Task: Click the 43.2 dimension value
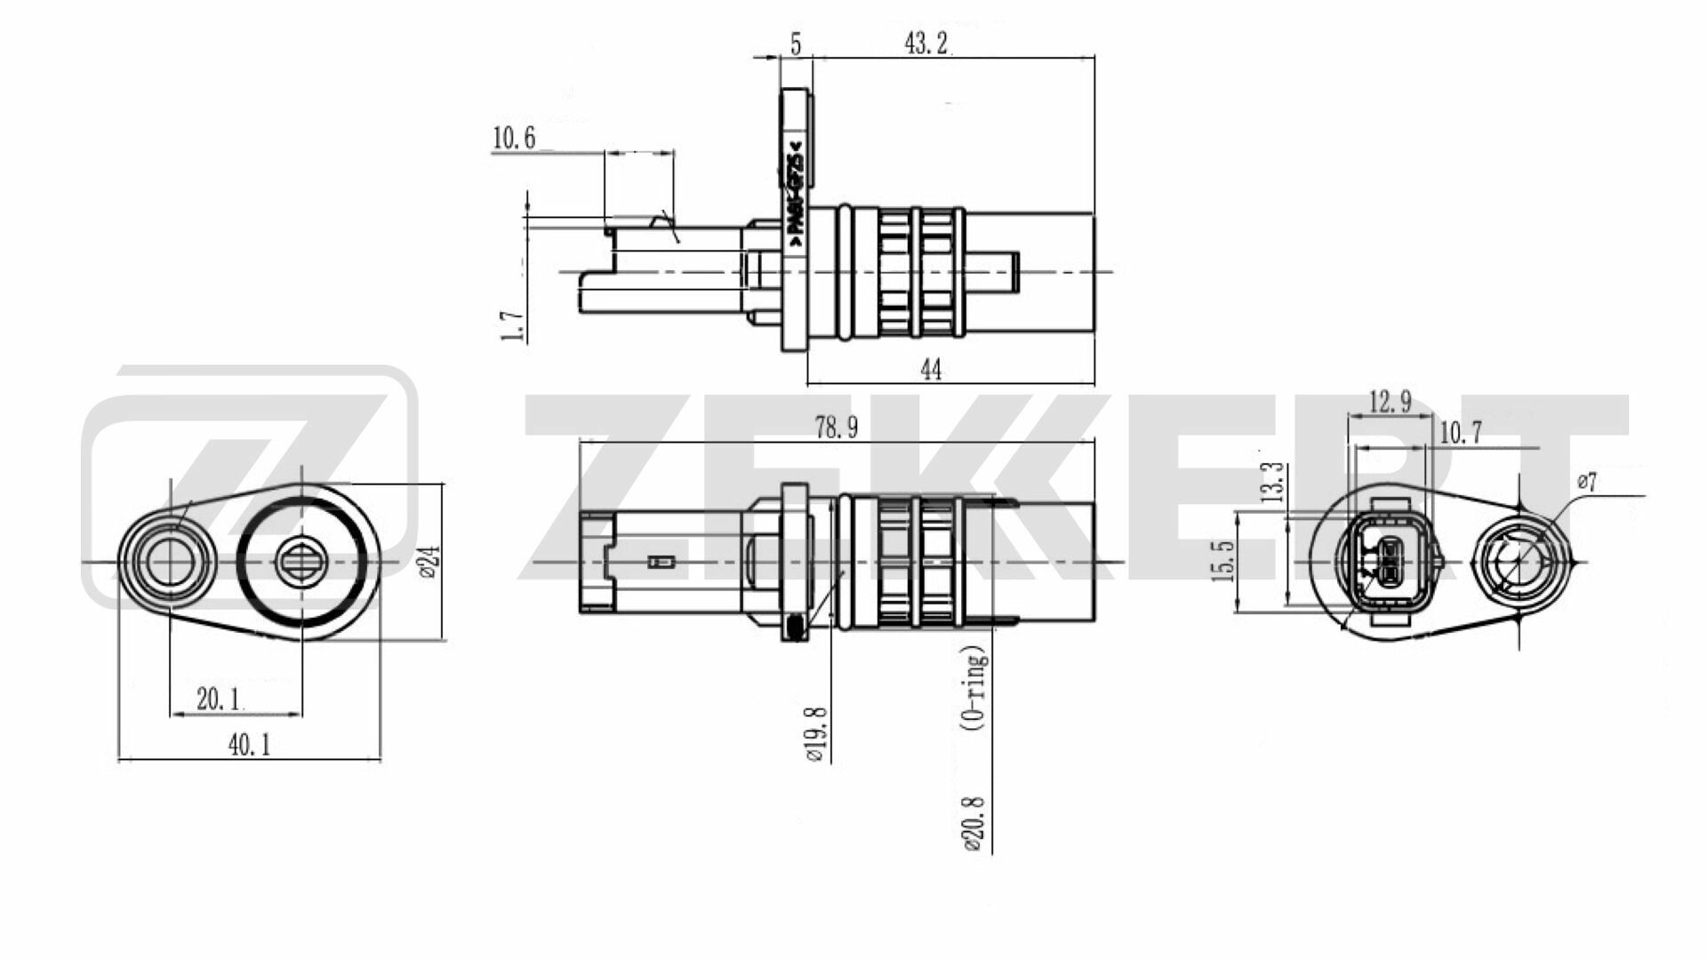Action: pos(926,44)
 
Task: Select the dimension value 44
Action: pos(931,370)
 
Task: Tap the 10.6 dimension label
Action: pos(514,139)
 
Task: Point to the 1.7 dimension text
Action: pos(513,326)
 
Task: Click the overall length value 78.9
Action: pos(836,428)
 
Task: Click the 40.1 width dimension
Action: pos(249,745)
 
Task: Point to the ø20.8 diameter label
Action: pos(974,823)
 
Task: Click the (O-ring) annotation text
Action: pos(975,689)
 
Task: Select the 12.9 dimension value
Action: pos(1390,403)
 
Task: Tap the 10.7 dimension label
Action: pos(1461,433)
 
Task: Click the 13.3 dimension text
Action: pos(1273,482)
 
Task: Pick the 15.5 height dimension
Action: pos(1224,561)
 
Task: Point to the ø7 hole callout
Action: pos(1587,483)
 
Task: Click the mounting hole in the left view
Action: pos(164,562)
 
